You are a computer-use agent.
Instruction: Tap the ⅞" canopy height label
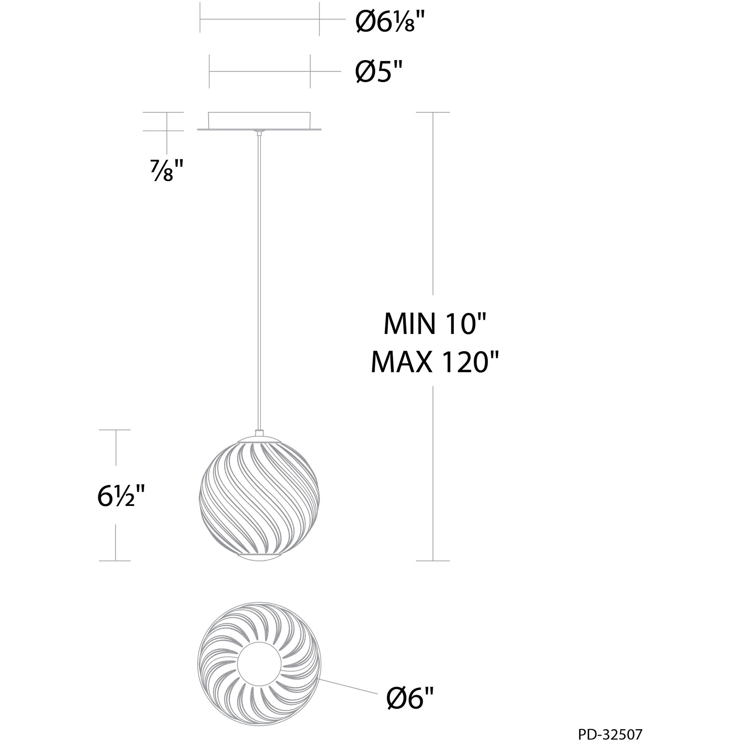(x=163, y=172)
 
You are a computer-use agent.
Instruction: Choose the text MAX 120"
(x=434, y=363)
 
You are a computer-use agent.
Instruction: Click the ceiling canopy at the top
(x=260, y=121)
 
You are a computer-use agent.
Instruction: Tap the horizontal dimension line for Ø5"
(x=260, y=72)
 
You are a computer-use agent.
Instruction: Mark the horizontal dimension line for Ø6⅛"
(x=260, y=19)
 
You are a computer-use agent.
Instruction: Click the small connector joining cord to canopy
(x=260, y=133)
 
